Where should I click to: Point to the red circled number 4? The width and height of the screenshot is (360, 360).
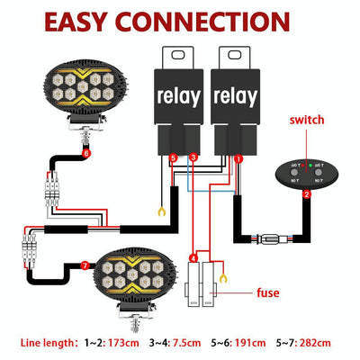[193, 259]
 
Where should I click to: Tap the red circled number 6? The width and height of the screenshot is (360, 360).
[86, 153]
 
